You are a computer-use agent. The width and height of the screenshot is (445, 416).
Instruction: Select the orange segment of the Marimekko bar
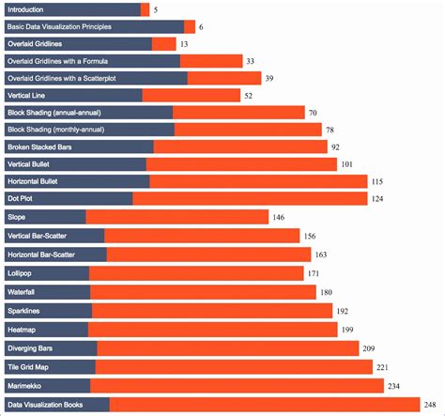click(x=237, y=386)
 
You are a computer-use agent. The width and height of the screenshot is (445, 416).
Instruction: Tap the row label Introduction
click(x=31, y=9)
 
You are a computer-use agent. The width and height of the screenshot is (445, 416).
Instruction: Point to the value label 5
click(x=155, y=9)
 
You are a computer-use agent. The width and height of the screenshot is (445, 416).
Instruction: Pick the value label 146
click(x=279, y=217)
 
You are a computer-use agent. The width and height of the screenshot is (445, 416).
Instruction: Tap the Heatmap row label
click(x=24, y=330)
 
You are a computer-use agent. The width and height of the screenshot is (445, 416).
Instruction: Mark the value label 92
click(x=335, y=147)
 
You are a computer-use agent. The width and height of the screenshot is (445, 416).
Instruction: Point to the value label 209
click(x=369, y=348)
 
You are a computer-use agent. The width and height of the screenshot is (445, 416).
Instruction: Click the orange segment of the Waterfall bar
click(x=204, y=292)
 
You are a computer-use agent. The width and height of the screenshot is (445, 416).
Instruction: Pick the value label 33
click(x=250, y=61)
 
